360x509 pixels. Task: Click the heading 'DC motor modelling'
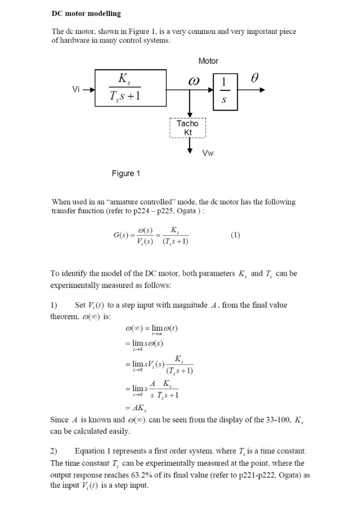click(x=86, y=13)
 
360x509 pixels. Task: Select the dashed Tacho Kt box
click(x=188, y=128)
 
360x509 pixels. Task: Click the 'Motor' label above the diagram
click(x=208, y=61)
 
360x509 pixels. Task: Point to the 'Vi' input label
click(x=76, y=89)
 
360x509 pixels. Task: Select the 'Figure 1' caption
click(x=126, y=173)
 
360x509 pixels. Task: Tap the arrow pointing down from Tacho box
click(x=189, y=146)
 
